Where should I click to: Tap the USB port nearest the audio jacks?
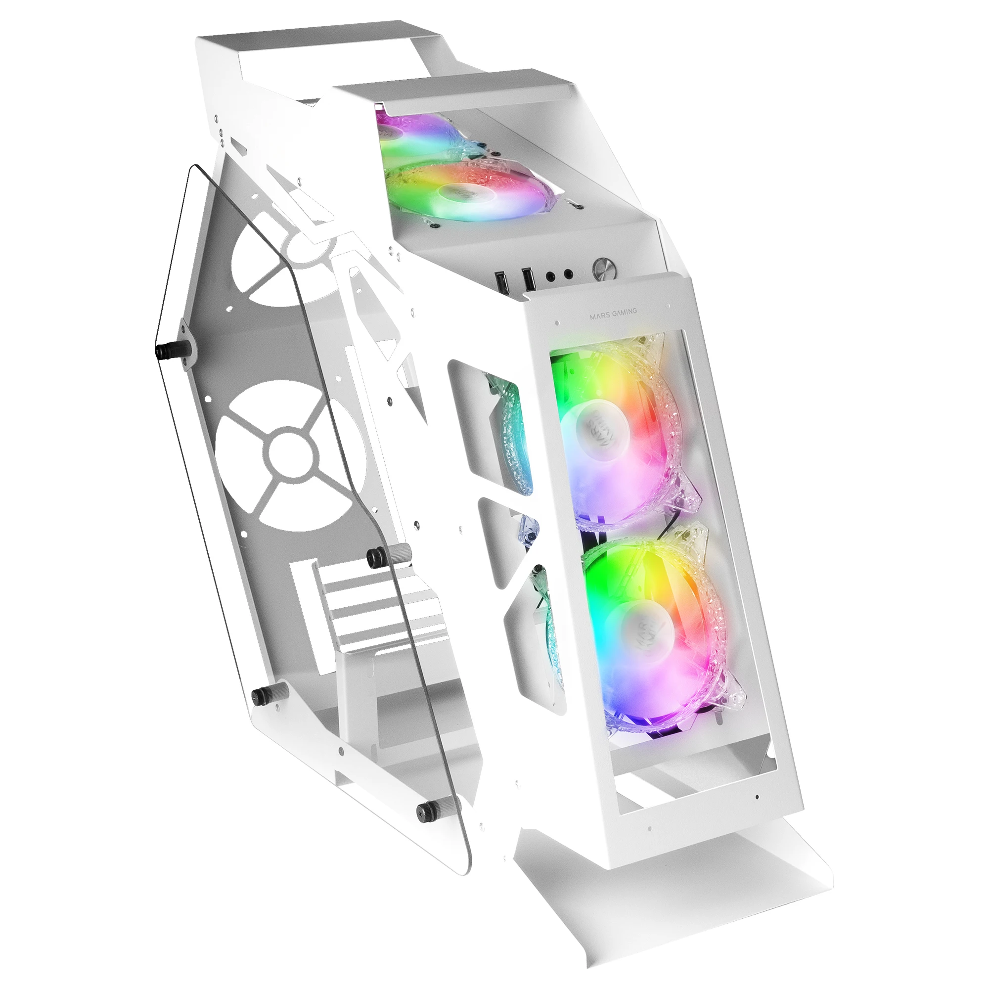point(527,279)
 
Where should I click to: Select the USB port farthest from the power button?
point(501,282)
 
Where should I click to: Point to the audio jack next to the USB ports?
point(551,276)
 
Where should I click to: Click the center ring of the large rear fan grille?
point(290,452)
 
